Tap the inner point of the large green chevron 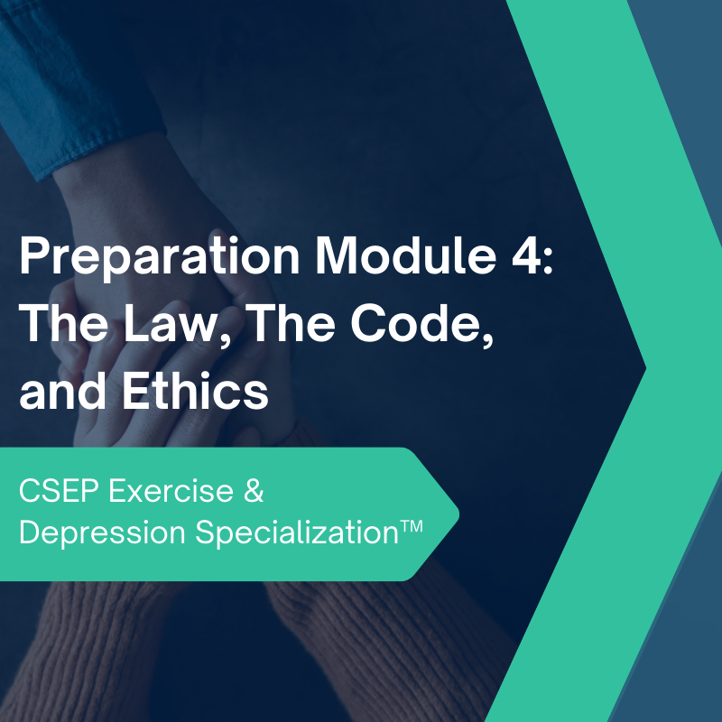coord(645,366)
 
